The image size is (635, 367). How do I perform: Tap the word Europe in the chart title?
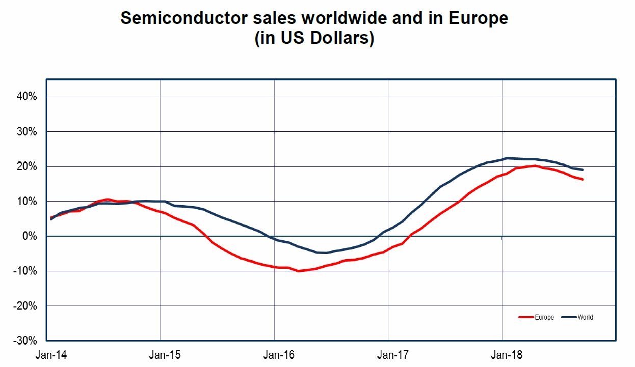click(x=479, y=19)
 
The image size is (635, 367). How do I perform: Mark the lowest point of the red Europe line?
click(x=298, y=271)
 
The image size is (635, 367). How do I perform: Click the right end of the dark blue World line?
click(x=583, y=170)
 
